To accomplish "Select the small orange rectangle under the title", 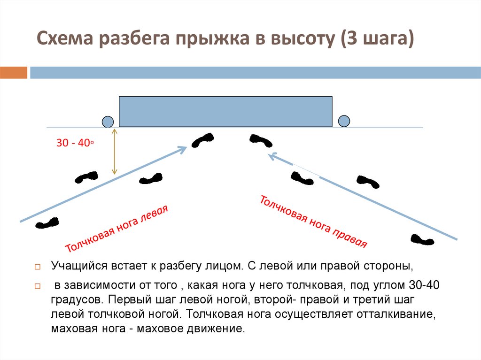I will point(14,73).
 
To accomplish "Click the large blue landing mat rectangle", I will point(225,112).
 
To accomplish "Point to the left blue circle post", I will point(108,122).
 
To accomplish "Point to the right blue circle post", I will point(344,121).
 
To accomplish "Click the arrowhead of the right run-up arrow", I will point(270,155).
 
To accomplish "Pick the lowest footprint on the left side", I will point(47,223).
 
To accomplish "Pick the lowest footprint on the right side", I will point(422,239).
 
